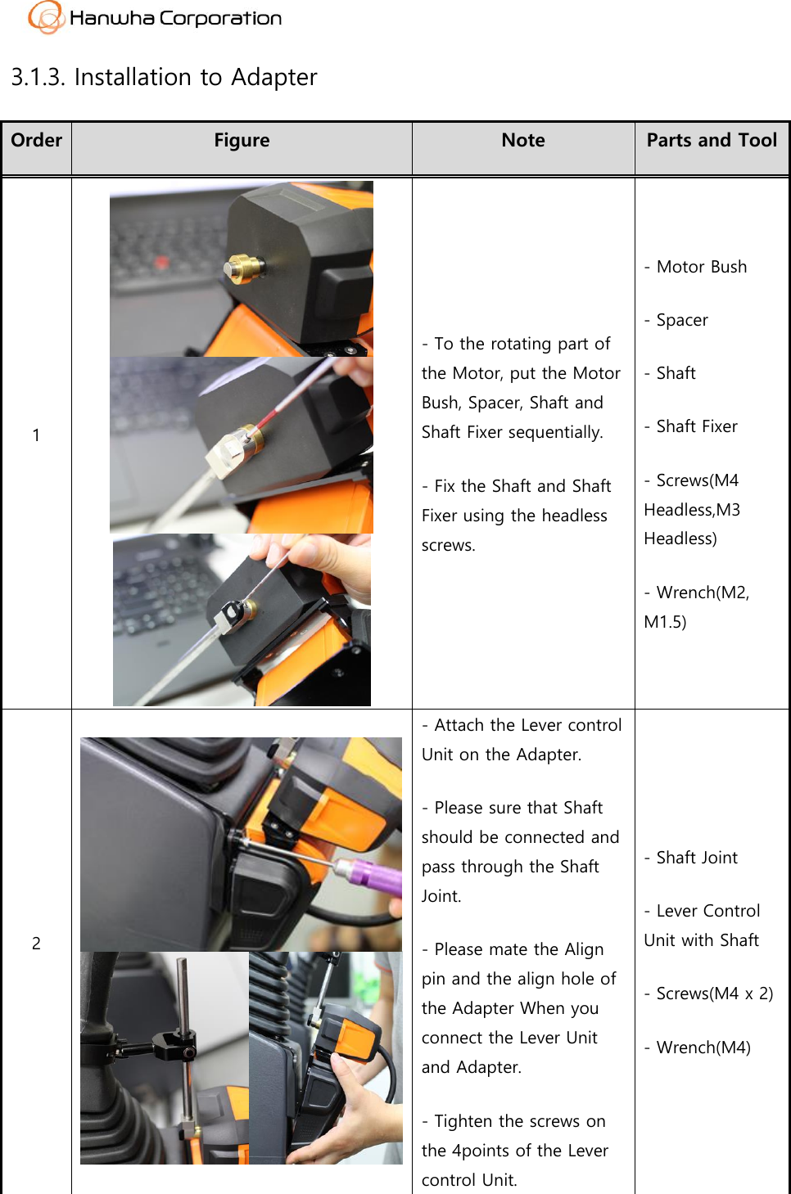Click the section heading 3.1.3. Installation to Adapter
[164, 77]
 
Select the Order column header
[37, 141]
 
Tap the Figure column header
[242, 141]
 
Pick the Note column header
[523, 141]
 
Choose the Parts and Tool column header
[712, 141]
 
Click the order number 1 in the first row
[36, 435]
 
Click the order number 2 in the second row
[36, 944]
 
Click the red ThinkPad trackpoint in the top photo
[162, 264]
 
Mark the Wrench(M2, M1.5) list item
[696, 607]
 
